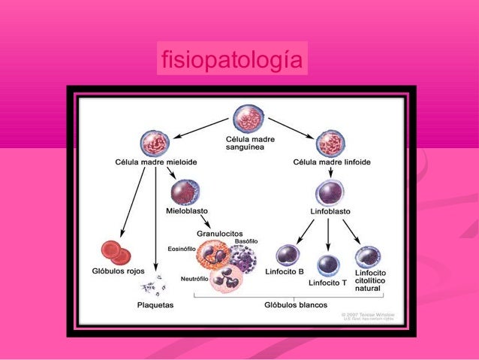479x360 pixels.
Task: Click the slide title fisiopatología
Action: [x=232, y=59]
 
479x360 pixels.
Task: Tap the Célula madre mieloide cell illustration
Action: [x=155, y=143]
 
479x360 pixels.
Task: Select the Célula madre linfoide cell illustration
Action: [x=330, y=143]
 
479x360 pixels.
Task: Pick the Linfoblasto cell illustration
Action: [x=330, y=192]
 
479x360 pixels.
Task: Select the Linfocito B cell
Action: [x=288, y=256]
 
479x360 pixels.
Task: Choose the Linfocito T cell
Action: [x=328, y=265]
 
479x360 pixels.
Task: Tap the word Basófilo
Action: [x=246, y=241]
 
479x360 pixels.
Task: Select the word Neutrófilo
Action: [x=194, y=279]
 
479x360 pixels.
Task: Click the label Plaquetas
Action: [x=155, y=305]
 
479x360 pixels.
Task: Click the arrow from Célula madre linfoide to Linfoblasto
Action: [x=330, y=171]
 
